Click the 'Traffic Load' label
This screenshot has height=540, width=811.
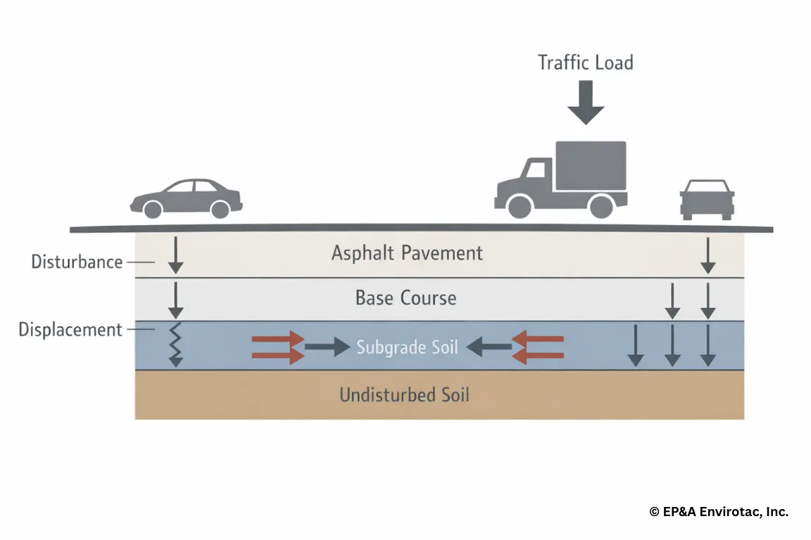[585, 63]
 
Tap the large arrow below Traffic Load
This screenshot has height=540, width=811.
[586, 103]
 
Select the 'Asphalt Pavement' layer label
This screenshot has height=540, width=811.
[407, 253]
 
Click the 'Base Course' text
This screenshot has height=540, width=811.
[405, 298]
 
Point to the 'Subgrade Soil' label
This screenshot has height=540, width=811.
[407, 347]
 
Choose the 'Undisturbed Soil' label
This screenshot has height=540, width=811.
[404, 394]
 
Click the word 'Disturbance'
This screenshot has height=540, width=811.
[77, 262]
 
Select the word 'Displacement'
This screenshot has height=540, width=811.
[70, 330]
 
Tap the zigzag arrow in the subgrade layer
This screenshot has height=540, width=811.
[176, 345]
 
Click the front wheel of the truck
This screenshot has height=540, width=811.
[520, 206]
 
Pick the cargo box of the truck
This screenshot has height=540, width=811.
[591, 166]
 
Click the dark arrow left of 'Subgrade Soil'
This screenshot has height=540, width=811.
[327, 346]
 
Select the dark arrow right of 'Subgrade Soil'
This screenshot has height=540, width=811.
[489, 345]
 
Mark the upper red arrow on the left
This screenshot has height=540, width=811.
[277, 338]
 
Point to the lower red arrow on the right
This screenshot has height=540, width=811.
[539, 356]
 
